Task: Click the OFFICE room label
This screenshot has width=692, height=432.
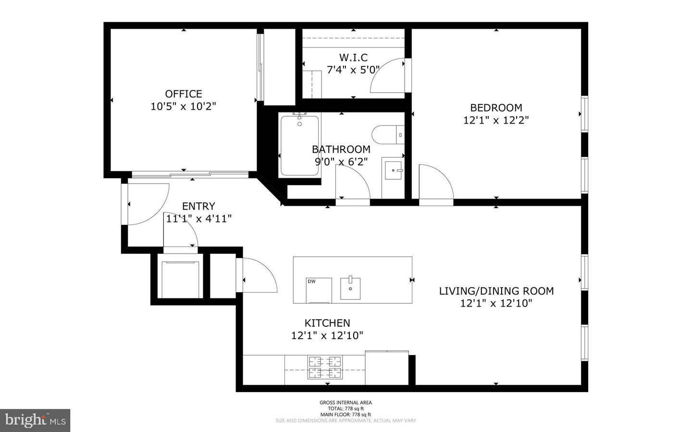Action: pyautogui.click(x=183, y=94)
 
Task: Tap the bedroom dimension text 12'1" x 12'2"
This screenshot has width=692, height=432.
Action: pyautogui.click(x=495, y=120)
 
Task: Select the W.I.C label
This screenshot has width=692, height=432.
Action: pyautogui.click(x=353, y=58)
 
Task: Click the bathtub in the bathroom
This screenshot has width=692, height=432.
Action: pyautogui.click(x=299, y=146)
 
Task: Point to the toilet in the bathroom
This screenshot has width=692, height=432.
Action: pyautogui.click(x=387, y=134)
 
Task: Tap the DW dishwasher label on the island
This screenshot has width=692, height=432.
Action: pyautogui.click(x=312, y=282)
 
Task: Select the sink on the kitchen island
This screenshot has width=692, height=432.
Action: pyautogui.click(x=350, y=288)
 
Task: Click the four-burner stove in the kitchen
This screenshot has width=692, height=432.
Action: pyautogui.click(x=325, y=367)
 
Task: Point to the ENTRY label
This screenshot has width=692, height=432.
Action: pyautogui.click(x=198, y=206)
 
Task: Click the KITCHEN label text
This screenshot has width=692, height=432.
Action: pyautogui.click(x=327, y=323)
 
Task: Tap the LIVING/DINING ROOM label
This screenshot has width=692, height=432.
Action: pyautogui.click(x=496, y=291)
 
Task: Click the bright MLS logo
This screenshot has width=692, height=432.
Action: pyautogui.click(x=35, y=420)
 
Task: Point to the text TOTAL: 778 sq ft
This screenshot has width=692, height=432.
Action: pyautogui.click(x=346, y=408)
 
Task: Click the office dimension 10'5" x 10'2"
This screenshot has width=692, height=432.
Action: pyautogui.click(x=183, y=106)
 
